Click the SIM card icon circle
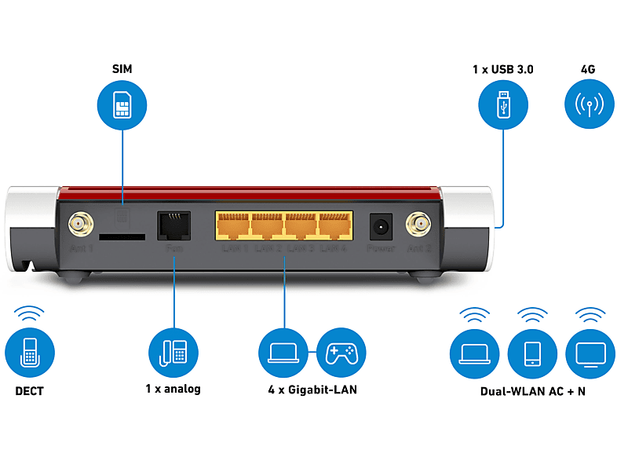[x=122, y=104]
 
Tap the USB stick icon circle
[x=503, y=104]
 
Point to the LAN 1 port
[x=232, y=225]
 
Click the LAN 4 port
[x=335, y=225]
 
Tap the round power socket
[x=381, y=226]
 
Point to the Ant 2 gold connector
[x=418, y=226]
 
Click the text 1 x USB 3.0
[x=503, y=69]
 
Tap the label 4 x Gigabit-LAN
[x=312, y=390]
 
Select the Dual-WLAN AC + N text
[x=533, y=391]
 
